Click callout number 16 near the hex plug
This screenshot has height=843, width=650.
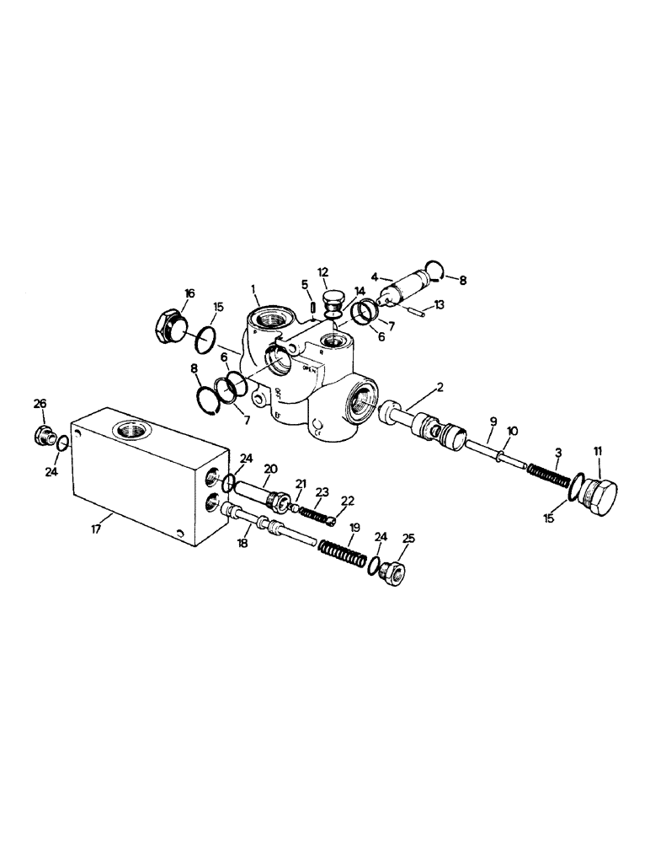(x=189, y=293)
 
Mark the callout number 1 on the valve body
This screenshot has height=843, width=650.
(x=253, y=289)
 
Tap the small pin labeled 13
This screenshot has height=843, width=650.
(x=418, y=311)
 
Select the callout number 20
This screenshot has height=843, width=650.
(x=270, y=470)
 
